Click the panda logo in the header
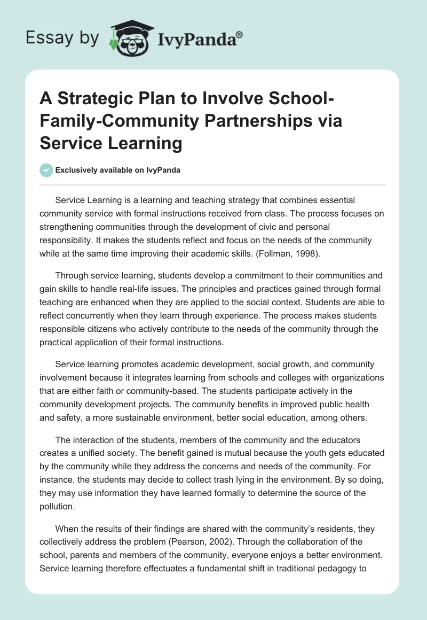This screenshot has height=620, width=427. tap(128, 37)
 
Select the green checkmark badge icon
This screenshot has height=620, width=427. tap(46, 170)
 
